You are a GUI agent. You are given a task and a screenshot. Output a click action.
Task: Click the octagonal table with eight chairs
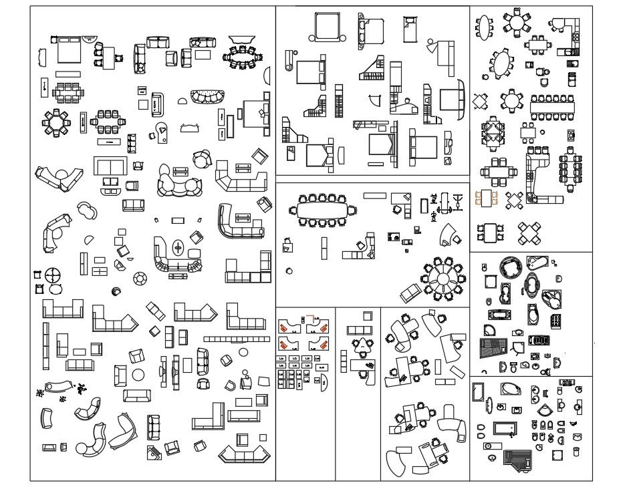(x=55, y=122)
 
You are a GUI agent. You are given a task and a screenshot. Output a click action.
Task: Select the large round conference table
(x=442, y=277)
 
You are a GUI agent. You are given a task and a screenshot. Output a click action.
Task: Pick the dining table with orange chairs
(x=486, y=198)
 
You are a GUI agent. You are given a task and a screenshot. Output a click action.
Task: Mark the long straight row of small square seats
(x=236, y=339)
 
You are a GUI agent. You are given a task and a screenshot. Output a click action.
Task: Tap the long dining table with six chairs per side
(x=553, y=106)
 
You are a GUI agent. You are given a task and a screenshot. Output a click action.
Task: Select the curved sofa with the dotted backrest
(x=208, y=97)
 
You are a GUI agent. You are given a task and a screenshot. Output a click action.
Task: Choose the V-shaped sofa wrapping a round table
(x=58, y=177)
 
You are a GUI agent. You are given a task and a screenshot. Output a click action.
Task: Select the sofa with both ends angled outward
(x=244, y=456)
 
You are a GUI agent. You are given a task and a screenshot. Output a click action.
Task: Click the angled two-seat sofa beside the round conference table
(x=410, y=292)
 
